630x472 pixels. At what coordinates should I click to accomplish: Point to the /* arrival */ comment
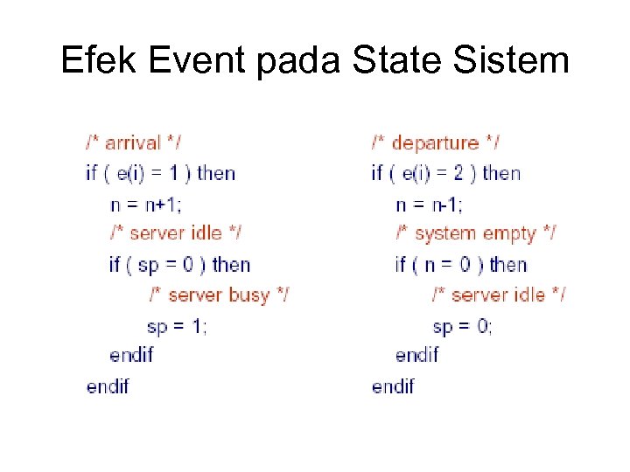pyautogui.click(x=134, y=142)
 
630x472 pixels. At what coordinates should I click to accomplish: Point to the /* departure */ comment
pyautogui.click(x=436, y=142)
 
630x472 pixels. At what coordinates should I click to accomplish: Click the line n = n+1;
pyautogui.click(x=146, y=204)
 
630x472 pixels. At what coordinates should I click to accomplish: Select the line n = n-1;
pyautogui.click(x=430, y=204)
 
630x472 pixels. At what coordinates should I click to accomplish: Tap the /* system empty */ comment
pyautogui.click(x=475, y=233)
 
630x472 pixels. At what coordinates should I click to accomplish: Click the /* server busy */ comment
pyautogui.click(x=218, y=295)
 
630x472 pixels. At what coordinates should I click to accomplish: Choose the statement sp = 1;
pyautogui.click(x=177, y=326)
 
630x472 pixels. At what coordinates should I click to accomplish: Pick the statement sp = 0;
pyautogui.click(x=462, y=326)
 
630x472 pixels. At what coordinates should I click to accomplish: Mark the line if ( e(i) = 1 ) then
pyautogui.click(x=161, y=172)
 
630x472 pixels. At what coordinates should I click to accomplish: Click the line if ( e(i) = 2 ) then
pyautogui.click(x=446, y=172)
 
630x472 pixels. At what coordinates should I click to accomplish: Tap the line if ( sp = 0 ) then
pyautogui.click(x=180, y=264)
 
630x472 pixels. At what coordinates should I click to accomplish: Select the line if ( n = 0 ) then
pyautogui.click(x=461, y=264)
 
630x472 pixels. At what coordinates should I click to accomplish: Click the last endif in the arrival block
pyautogui.click(x=108, y=385)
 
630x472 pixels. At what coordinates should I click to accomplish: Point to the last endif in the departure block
pyautogui.click(x=393, y=385)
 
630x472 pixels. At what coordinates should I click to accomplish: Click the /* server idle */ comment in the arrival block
pyautogui.click(x=175, y=233)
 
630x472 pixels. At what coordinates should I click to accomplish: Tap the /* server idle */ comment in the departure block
pyautogui.click(x=498, y=295)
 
